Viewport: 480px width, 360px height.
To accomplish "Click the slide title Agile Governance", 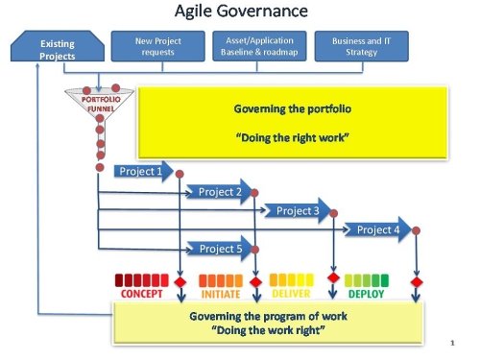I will (x=240, y=12).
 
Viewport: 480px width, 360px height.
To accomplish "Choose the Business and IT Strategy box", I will (x=354, y=46).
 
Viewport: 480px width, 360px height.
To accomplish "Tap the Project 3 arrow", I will (x=300, y=211).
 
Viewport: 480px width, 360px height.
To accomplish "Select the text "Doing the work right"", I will (x=267, y=329).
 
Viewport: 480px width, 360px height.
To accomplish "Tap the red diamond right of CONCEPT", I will (x=180, y=283).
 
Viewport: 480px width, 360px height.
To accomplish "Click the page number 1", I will (x=450, y=342).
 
